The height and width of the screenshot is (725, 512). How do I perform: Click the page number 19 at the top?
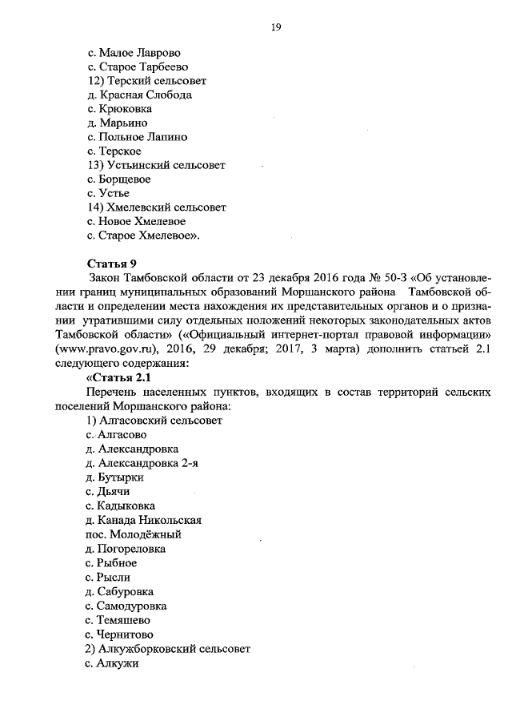point(274,27)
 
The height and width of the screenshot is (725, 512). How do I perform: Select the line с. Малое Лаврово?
point(133,52)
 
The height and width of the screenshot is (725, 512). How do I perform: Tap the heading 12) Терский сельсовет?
point(146,81)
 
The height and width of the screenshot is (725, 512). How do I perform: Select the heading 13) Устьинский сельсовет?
point(156,165)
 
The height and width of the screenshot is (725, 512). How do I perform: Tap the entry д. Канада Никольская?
point(143,519)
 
